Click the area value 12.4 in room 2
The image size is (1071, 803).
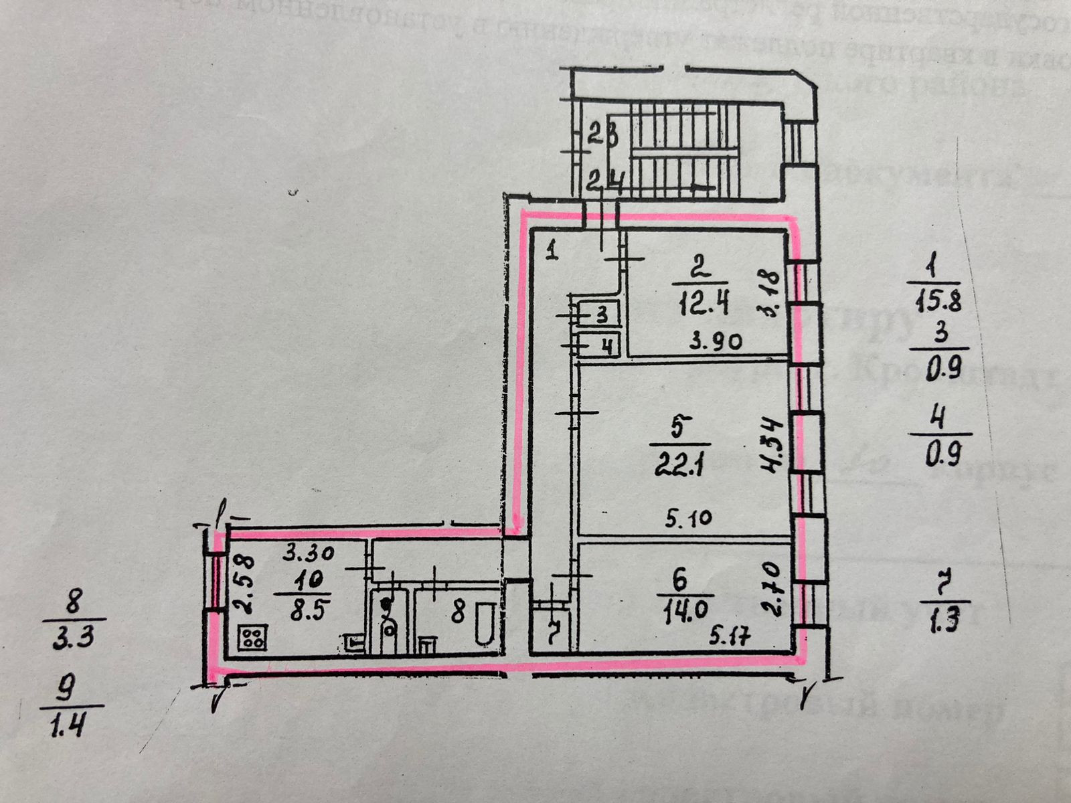click(702, 306)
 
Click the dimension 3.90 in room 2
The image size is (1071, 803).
click(716, 343)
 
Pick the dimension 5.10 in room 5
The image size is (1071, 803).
click(689, 517)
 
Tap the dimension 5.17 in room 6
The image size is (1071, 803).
click(730, 637)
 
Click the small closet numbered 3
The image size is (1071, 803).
click(602, 313)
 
